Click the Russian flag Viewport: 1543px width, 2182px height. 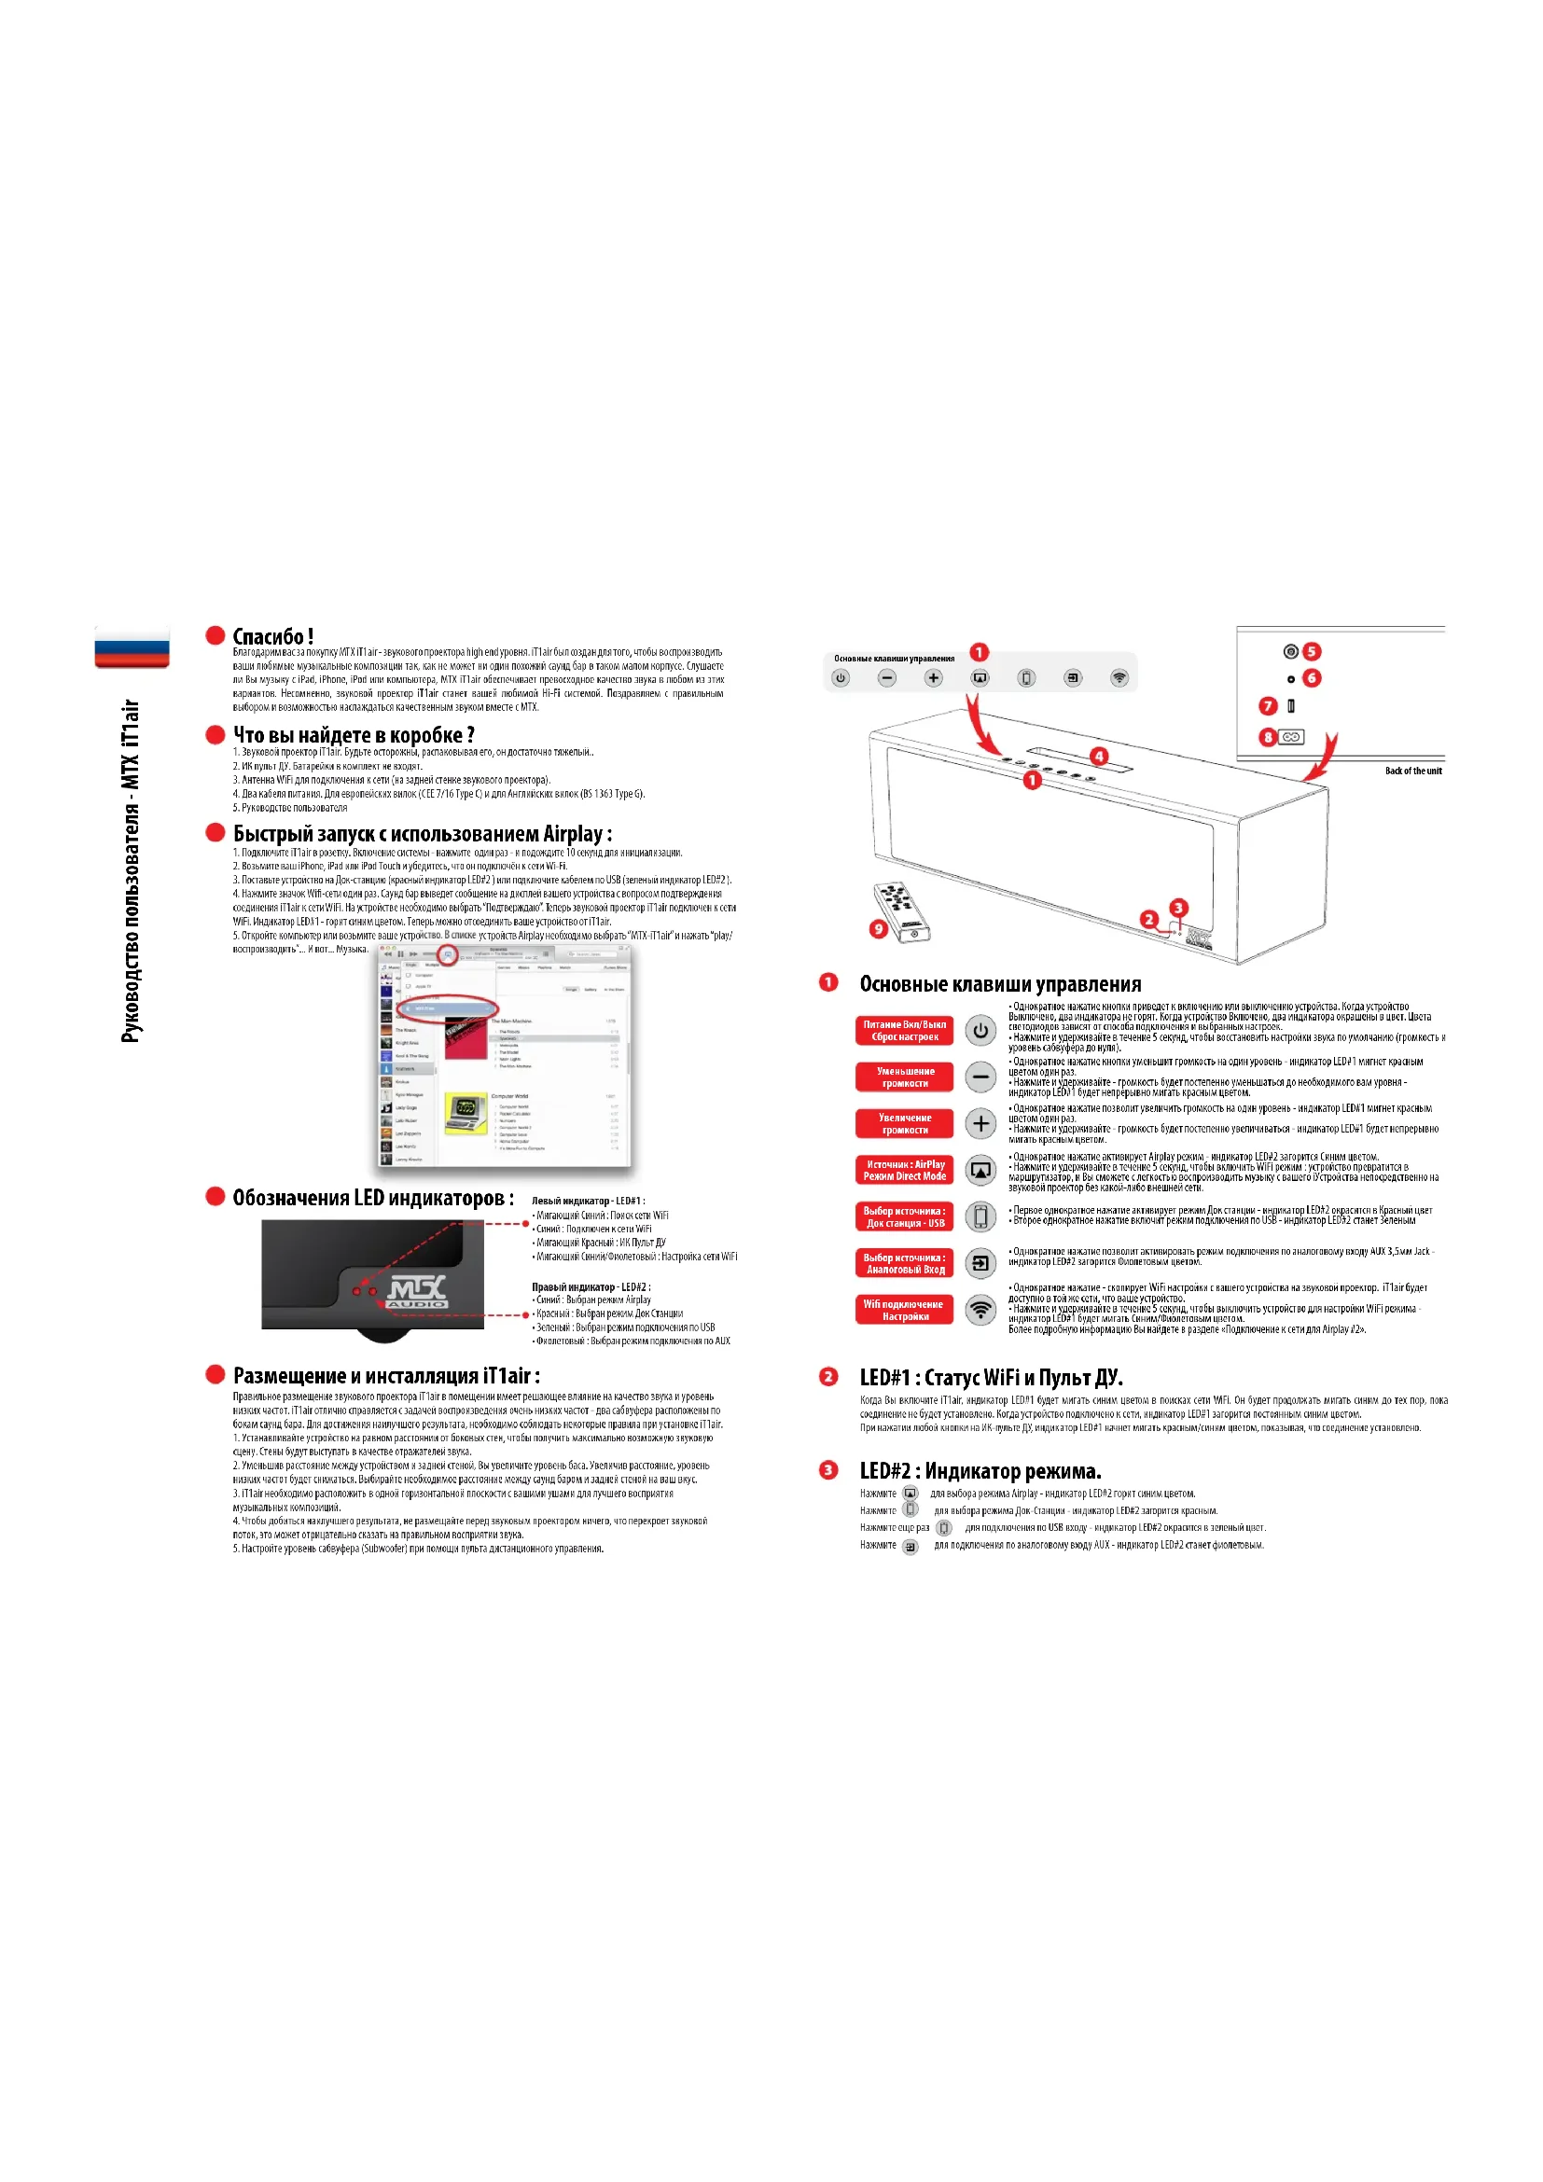pos(132,646)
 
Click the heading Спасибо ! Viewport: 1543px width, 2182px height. pos(272,637)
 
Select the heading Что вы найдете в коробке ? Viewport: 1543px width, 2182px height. pos(354,734)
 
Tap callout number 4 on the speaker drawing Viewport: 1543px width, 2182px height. pos(1099,757)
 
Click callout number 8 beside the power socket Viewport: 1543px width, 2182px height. pos(1268,737)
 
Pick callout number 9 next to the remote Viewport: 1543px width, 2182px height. pos(879,928)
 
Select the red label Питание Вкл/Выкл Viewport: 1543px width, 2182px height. pos(905,1030)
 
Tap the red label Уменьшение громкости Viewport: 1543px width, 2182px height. pos(905,1077)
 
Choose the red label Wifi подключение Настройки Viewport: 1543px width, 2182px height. pos(905,1310)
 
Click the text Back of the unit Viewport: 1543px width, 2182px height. pos(1412,771)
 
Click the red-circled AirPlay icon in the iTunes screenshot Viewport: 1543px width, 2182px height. pos(448,954)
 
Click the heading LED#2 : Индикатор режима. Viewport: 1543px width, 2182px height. pos(980,1471)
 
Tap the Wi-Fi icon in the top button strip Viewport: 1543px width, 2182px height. pos(1119,677)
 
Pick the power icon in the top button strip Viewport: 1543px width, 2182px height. pos(840,677)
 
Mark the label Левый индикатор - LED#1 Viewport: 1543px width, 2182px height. pos(588,1202)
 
